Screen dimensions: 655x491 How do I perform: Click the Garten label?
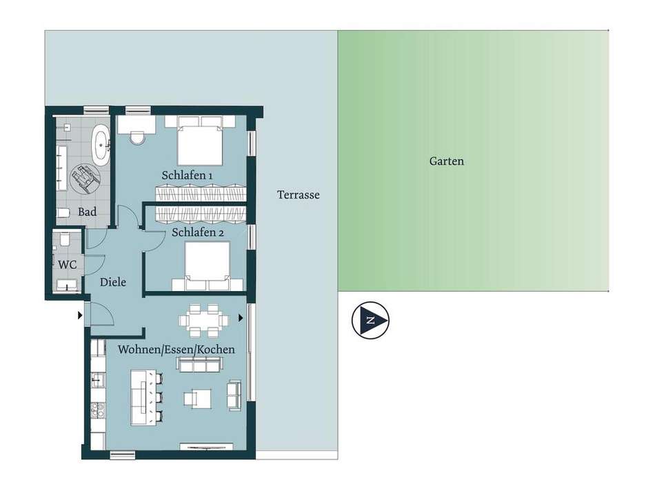click(x=447, y=161)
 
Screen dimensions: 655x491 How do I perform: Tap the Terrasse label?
click(x=299, y=194)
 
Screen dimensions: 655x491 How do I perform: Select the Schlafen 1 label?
click(x=187, y=175)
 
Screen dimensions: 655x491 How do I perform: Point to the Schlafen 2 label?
click(x=198, y=232)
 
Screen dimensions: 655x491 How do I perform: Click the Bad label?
click(x=88, y=212)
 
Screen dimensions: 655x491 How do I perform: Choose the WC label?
click(x=68, y=265)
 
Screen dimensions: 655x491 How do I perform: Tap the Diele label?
click(x=113, y=282)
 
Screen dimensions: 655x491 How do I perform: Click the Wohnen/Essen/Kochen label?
click(x=177, y=350)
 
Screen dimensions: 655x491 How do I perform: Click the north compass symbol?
click(x=370, y=321)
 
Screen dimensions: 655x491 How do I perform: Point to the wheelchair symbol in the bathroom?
click(x=85, y=179)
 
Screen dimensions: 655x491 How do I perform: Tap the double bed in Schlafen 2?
click(x=208, y=266)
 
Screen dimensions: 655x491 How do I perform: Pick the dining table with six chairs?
click(x=204, y=321)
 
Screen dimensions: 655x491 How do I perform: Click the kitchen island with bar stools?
click(x=146, y=397)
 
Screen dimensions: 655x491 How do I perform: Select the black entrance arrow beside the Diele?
click(x=80, y=315)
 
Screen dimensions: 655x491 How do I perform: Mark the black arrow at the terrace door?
click(x=241, y=318)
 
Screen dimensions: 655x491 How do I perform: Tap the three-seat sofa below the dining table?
click(x=199, y=364)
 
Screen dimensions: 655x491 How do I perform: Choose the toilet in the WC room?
click(x=64, y=239)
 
